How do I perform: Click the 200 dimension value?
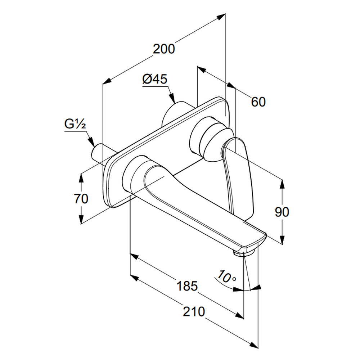(164, 49)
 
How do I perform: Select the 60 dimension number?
(258, 102)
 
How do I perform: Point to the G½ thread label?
(75, 125)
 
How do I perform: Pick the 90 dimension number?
(282, 212)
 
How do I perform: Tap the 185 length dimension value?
(187, 286)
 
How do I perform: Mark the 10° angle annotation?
(226, 277)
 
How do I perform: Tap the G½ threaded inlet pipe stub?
(99, 153)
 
